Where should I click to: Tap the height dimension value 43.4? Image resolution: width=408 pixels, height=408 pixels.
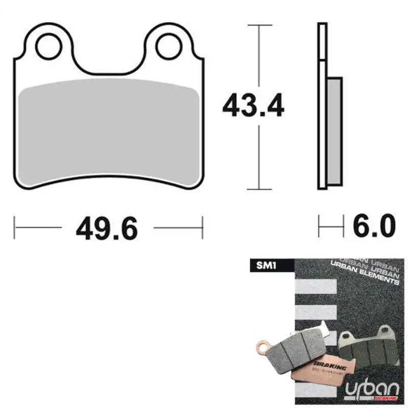(253, 106)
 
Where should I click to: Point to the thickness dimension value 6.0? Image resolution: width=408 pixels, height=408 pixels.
(374, 226)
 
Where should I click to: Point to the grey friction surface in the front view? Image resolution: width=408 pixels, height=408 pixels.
(108, 133)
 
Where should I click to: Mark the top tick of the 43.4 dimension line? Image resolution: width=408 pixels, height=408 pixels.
(260, 23)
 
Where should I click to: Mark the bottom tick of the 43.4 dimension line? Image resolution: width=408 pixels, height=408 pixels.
(260, 189)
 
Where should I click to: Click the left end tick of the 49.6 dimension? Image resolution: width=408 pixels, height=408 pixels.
(15, 226)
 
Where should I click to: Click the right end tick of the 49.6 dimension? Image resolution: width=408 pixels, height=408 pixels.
(202, 226)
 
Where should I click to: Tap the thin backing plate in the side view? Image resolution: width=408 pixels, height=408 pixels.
(321, 102)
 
